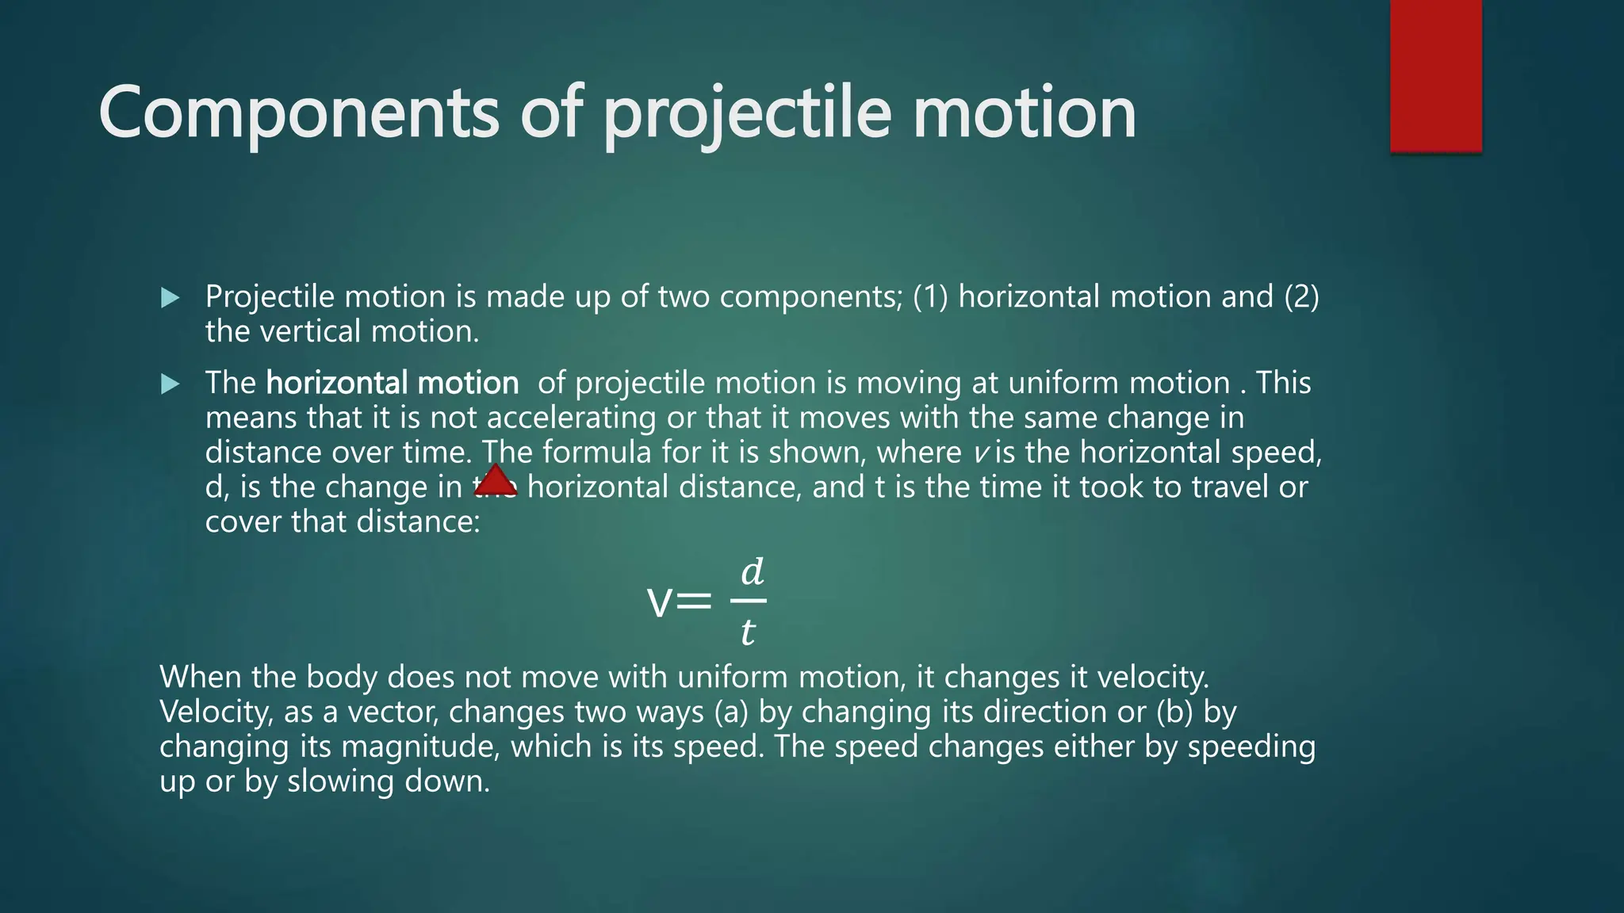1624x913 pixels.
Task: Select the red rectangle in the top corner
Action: point(1435,75)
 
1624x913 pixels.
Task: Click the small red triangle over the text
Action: point(496,482)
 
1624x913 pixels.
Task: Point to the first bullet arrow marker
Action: point(170,298)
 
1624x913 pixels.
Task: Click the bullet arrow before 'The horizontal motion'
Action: point(170,384)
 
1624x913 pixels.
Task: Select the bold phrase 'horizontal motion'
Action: point(392,383)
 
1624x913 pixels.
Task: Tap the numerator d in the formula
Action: point(752,571)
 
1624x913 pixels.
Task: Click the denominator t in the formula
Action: point(747,632)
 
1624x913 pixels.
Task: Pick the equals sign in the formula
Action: point(695,602)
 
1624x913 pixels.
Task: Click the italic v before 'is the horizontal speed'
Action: point(981,453)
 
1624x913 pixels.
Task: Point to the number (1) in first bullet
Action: point(930,296)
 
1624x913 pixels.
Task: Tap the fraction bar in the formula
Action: point(748,601)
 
